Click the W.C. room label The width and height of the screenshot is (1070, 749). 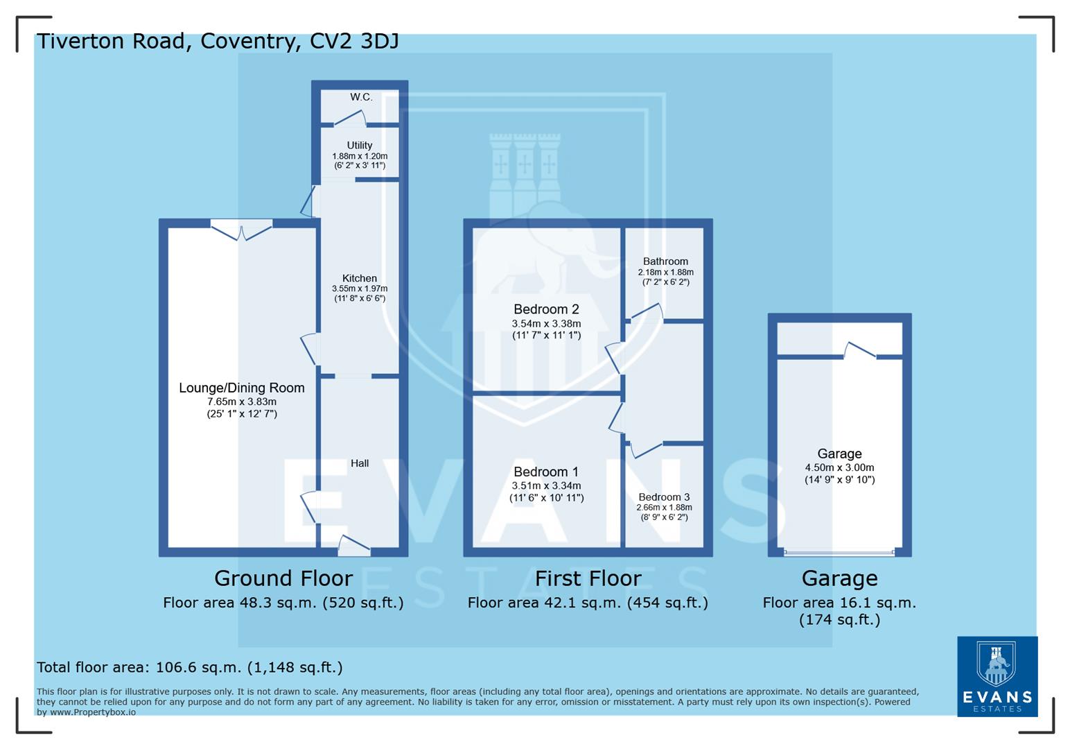coord(360,97)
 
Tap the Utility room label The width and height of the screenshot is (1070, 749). coord(359,146)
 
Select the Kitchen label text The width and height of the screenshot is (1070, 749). coord(359,278)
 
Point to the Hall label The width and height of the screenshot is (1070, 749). coord(359,463)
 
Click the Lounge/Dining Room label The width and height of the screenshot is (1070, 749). coord(241,388)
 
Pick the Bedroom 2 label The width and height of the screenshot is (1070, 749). coord(546,309)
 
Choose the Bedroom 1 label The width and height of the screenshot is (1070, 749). coord(546,472)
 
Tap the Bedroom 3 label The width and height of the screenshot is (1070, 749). coord(664,497)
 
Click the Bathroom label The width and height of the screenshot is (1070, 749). coord(665,261)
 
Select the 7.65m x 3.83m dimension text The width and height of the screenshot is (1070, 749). coord(241,402)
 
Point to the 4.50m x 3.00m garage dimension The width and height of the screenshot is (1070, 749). coord(839,467)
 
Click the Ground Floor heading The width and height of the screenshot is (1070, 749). coord(283,578)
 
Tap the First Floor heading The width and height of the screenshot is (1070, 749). coord(588,578)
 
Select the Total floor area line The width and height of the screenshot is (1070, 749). coord(189,667)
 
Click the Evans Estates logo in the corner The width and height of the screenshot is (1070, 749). coord(997,676)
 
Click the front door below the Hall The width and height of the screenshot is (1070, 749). coord(353,546)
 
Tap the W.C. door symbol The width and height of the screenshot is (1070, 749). coord(350,119)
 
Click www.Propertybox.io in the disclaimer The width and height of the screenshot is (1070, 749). coord(92,712)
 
